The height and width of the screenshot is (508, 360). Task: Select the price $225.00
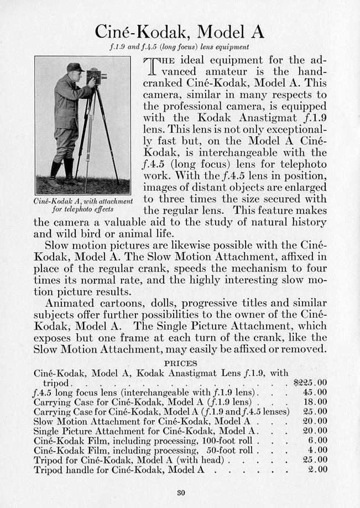310,382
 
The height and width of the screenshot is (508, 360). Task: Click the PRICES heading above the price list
181,363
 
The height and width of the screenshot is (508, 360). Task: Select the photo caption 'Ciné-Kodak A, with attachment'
84,201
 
